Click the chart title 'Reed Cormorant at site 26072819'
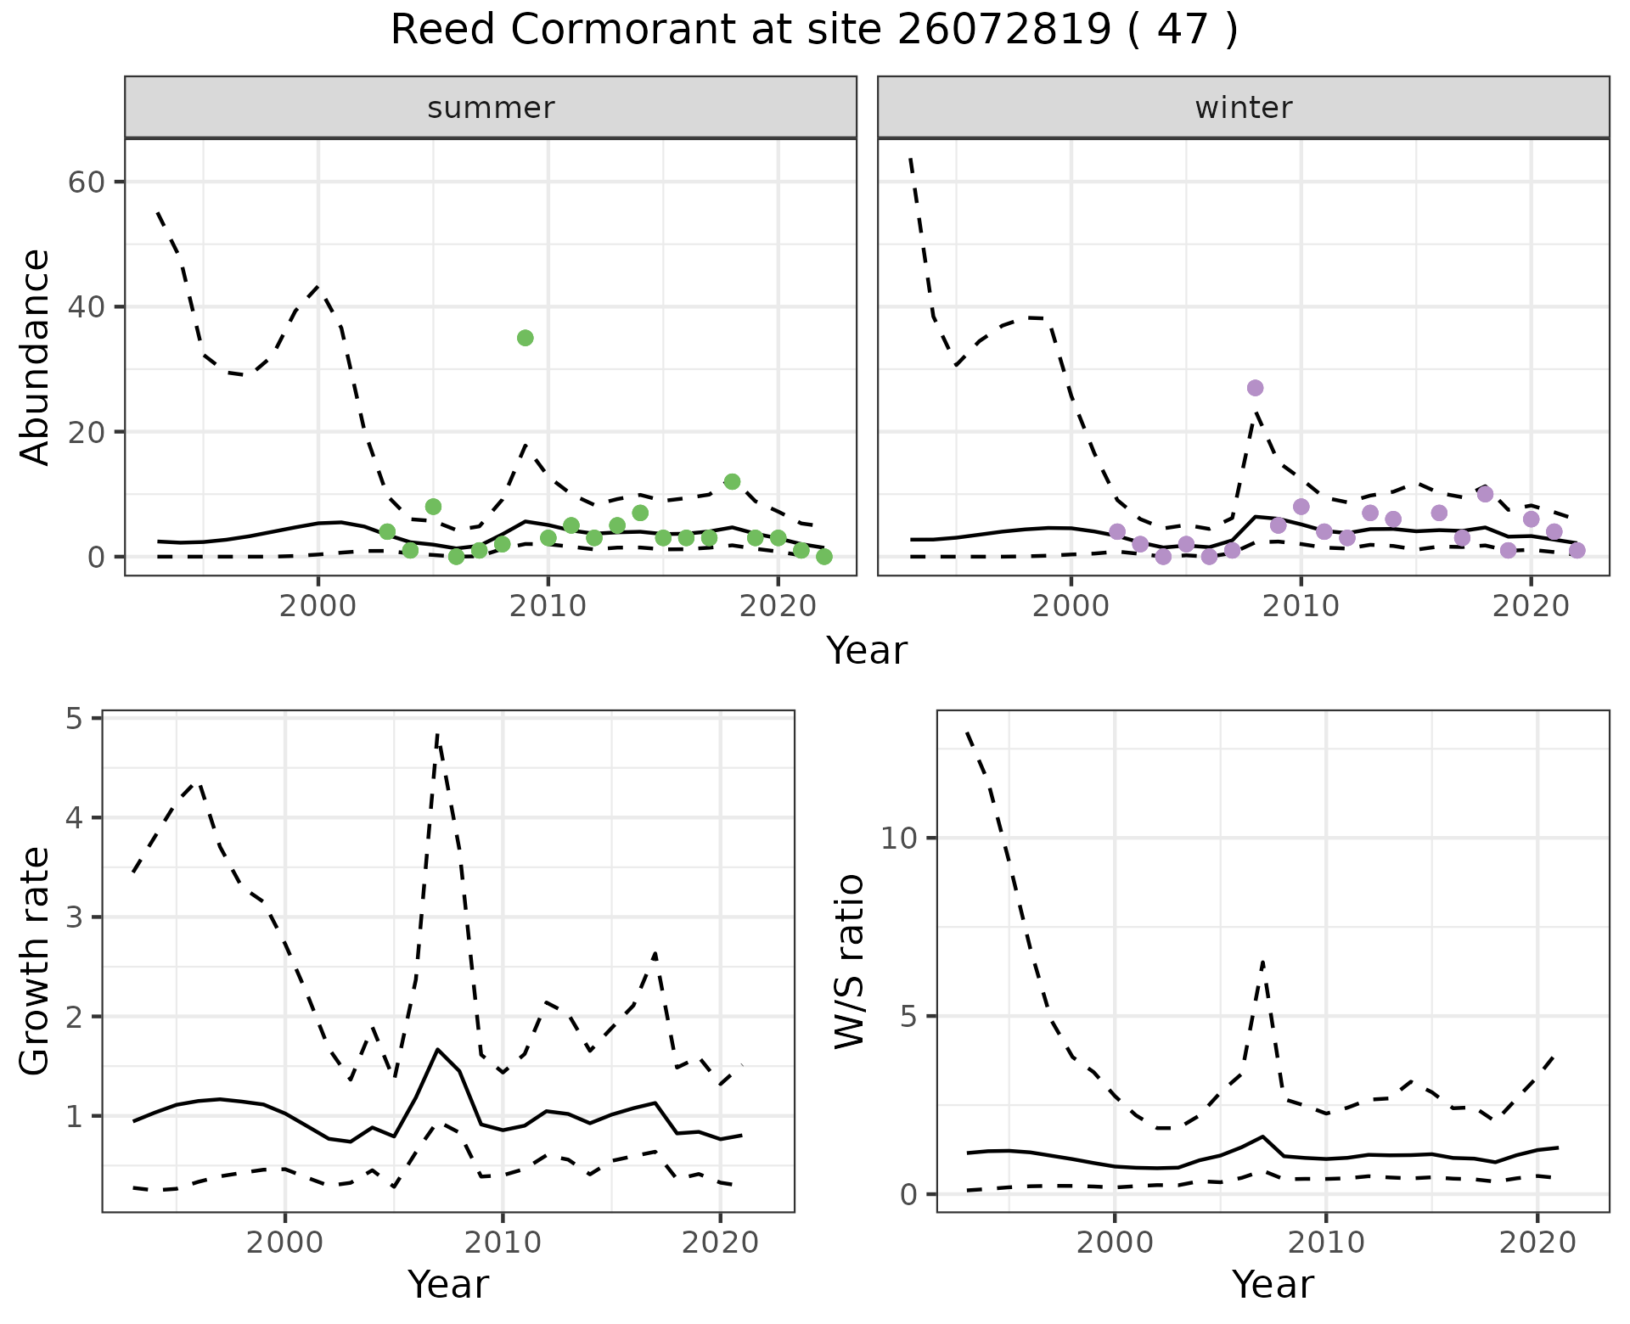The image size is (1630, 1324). click(x=813, y=31)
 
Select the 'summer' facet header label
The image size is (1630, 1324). click(x=491, y=108)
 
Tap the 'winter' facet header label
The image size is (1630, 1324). click(x=1243, y=108)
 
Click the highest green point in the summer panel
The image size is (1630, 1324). click(x=525, y=338)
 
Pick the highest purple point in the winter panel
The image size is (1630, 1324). click(x=1255, y=388)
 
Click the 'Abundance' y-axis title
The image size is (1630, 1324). click(x=36, y=357)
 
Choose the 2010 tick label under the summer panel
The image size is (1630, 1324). click(x=548, y=606)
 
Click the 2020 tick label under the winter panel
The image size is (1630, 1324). click(x=1531, y=606)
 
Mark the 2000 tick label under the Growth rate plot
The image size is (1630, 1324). click(x=284, y=1243)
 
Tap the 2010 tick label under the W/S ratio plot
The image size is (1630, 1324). click(x=1325, y=1243)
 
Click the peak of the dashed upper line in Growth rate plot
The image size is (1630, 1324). click(x=436, y=735)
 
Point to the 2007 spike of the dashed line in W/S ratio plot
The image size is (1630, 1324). click(x=1262, y=962)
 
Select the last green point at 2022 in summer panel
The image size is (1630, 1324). click(x=823, y=557)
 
